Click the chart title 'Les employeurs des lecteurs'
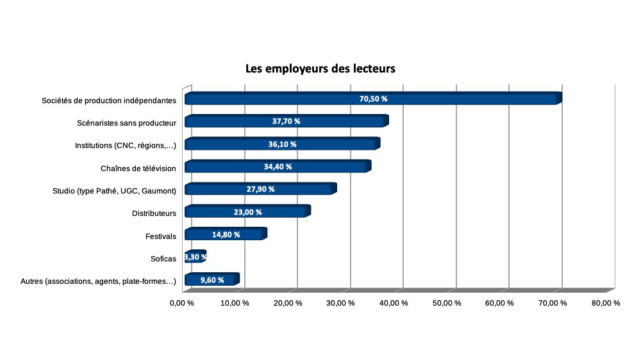click(320, 69)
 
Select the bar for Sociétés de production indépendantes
click(288, 99)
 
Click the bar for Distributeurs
click(218, 211)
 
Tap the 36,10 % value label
click(282, 144)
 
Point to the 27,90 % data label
click(260, 189)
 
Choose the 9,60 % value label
click(212, 280)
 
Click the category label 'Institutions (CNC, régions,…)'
click(126, 145)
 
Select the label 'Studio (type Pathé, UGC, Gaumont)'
click(114, 190)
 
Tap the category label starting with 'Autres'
click(98, 281)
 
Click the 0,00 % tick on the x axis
click(182, 303)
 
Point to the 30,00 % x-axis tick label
click(341, 303)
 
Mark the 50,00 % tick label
click(447, 303)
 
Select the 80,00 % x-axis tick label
click(606, 303)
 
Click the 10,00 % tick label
click(235, 303)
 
